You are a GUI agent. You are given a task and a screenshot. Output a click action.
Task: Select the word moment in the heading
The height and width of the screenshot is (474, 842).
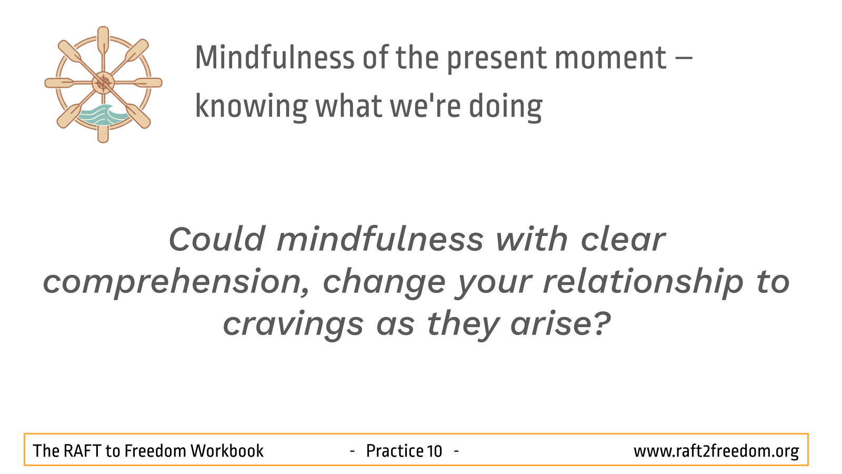pyautogui.click(x=610, y=58)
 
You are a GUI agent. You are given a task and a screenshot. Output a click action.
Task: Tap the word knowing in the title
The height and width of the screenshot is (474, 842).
pyautogui.click(x=251, y=106)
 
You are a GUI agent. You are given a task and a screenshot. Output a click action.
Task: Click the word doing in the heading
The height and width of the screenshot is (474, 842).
pyautogui.click(x=505, y=106)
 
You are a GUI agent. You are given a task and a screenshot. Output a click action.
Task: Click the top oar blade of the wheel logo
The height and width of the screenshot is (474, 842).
pyautogui.click(x=103, y=40)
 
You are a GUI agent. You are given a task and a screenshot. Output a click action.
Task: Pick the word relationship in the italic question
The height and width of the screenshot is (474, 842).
pyautogui.click(x=643, y=281)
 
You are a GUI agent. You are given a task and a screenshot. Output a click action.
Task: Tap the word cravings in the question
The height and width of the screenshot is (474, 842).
pyautogui.click(x=293, y=324)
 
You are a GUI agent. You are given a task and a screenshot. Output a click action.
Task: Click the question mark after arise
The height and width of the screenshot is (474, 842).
pyautogui.click(x=603, y=323)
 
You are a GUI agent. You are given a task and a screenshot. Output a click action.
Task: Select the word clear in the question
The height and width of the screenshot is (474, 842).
pyautogui.click(x=623, y=239)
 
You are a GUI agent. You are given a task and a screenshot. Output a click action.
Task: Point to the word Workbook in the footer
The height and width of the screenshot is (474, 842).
pyautogui.click(x=227, y=451)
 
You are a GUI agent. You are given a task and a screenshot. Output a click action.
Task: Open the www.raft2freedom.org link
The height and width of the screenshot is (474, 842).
pyautogui.click(x=716, y=451)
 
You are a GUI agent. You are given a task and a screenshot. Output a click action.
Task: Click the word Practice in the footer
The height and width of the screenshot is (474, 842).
pyautogui.click(x=394, y=451)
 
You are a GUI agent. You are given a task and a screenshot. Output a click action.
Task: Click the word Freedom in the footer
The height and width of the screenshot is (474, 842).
pyautogui.click(x=155, y=451)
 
